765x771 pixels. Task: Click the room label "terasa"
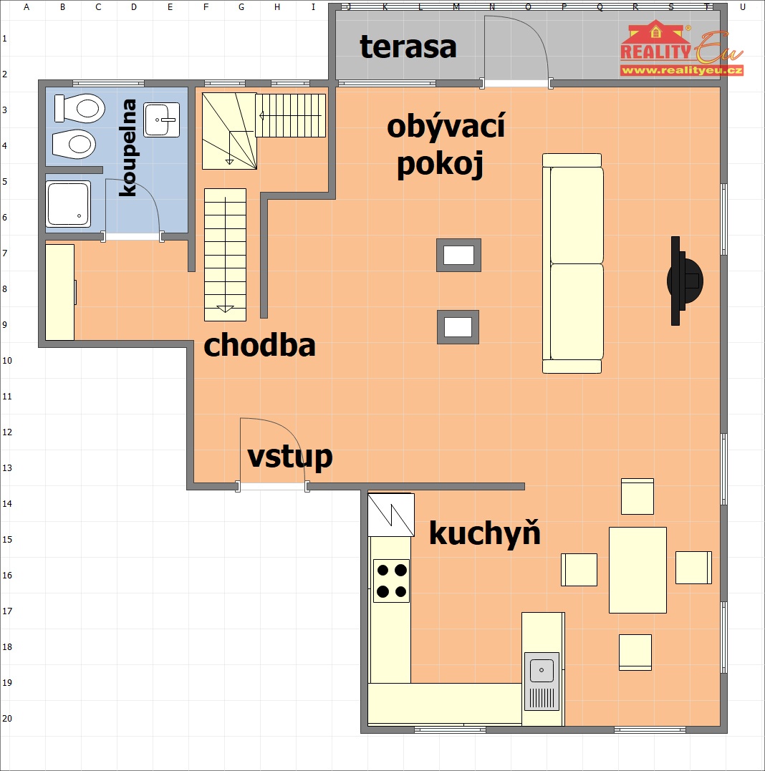pyautogui.click(x=408, y=47)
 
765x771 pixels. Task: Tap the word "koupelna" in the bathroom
pyautogui.click(x=129, y=147)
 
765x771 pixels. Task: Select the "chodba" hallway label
pyautogui.click(x=259, y=345)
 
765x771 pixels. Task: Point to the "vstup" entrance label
pyautogui.click(x=290, y=457)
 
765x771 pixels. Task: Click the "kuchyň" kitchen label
pyautogui.click(x=485, y=533)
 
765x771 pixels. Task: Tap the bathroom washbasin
pyautogui.click(x=162, y=120)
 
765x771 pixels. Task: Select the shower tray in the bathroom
pyautogui.click(x=68, y=204)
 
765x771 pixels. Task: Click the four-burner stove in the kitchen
pyautogui.click(x=391, y=581)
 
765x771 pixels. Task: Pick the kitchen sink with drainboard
pyautogui.click(x=542, y=681)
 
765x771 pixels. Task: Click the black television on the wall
pyautogui.click(x=683, y=281)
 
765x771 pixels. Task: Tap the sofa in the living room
pyautogui.click(x=572, y=263)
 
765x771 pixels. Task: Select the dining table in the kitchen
pyautogui.click(x=637, y=570)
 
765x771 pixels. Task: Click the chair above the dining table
pyautogui.click(x=637, y=496)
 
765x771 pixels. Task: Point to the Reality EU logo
pyautogui.click(x=681, y=48)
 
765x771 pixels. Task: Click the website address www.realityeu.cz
pyautogui.click(x=681, y=70)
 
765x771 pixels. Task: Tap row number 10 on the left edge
pyautogui.click(x=7, y=360)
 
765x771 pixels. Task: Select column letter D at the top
pyautogui.click(x=134, y=7)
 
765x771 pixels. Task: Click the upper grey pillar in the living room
pyautogui.click(x=458, y=255)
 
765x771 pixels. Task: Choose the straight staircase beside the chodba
pyautogui.click(x=226, y=255)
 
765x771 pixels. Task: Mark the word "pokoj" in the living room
pyautogui.click(x=440, y=164)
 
